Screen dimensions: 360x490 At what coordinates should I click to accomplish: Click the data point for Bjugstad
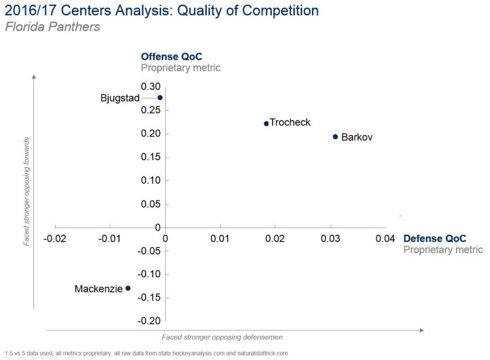pos(160,98)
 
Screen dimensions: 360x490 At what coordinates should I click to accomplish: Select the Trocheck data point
pos(266,123)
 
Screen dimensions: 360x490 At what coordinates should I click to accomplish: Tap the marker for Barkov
pos(335,136)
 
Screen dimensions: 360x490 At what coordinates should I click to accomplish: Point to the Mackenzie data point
pos(128,288)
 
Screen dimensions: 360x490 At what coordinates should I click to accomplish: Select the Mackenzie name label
pos(98,289)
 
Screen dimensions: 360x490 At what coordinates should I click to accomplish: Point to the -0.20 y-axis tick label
pos(150,321)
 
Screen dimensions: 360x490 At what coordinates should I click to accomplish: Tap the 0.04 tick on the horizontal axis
pos(385,238)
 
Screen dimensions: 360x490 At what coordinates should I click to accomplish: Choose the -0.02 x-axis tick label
pos(55,238)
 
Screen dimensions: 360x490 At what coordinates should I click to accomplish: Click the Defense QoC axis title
pos(435,239)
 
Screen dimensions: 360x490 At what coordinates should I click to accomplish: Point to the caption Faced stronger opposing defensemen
pos(222,336)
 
